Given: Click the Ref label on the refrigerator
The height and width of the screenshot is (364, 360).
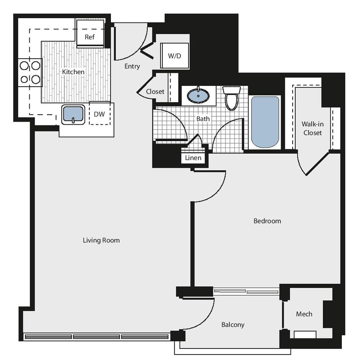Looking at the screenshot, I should click(x=89, y=37).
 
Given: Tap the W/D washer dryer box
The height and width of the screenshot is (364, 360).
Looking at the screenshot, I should click(x=174, y=56).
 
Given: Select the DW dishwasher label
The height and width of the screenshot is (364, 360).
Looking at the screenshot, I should click(x=99, y=114).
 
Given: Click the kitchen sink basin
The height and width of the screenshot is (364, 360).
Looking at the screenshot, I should click(x=73, y=114).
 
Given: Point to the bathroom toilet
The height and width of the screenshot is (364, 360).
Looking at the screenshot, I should click(x=232, y=98).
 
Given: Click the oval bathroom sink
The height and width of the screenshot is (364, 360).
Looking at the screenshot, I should click(x=198, y=95).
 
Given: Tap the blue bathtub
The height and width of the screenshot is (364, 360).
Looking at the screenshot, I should click(x=265, y=122).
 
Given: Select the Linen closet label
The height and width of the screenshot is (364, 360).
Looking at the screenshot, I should click(x=193, y=158).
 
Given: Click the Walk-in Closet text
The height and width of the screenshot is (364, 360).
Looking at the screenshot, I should click(x=313, y=129).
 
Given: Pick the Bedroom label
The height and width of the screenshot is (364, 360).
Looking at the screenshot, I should click(x=267, y=221).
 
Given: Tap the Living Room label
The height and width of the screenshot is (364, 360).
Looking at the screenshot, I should click(x=101, y=240).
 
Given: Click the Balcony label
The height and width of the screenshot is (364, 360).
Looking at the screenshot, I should click(x=233, y=325).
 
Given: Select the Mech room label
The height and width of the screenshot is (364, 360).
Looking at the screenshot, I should click(x=304, y=314).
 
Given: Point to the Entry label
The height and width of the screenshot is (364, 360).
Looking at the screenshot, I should click(x=132, y=66).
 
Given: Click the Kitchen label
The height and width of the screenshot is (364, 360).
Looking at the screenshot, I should click(x=73, y=72).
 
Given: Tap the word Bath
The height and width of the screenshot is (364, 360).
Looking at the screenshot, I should click(x=203, y=118).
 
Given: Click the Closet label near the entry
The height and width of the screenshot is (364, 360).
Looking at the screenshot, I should click(x=155, y=91).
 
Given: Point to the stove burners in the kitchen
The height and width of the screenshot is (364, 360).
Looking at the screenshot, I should click(x=30, y=72).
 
